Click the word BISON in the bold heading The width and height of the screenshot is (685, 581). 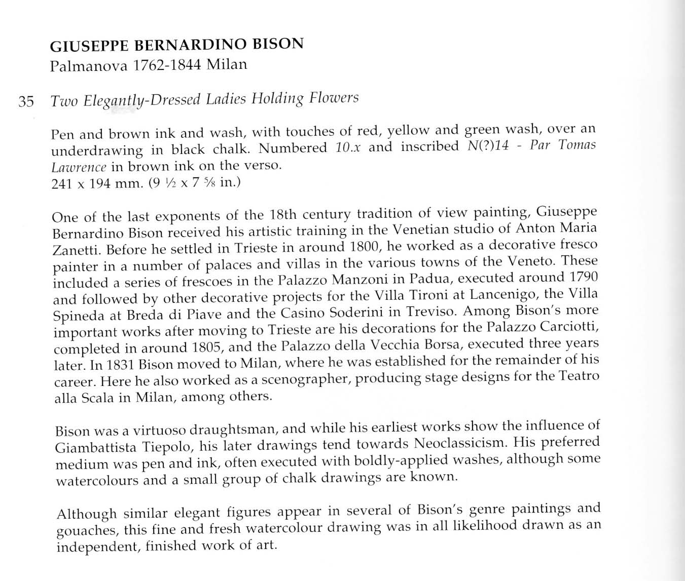point(278,44)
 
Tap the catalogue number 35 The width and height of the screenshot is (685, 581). point(26,101)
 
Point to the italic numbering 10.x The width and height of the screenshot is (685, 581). point(348,147)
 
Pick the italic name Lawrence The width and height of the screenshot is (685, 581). point(79,167)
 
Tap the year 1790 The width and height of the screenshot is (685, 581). point(583,277)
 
